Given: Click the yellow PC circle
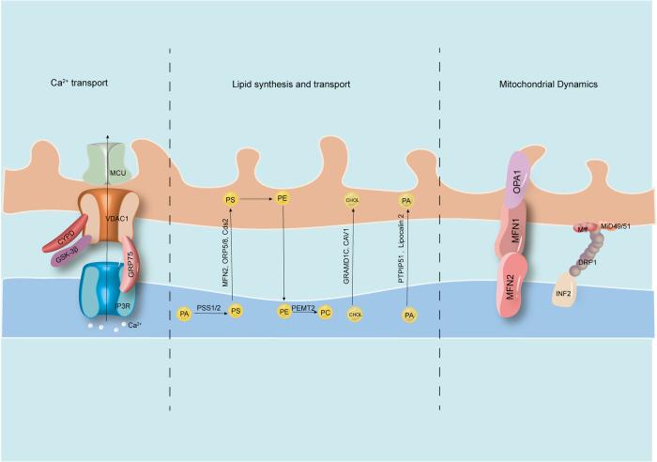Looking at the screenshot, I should (x=325, y=312).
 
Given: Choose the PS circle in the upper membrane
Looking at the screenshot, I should (x=231, y=200).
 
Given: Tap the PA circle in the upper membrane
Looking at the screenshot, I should (x=406, y=200).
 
